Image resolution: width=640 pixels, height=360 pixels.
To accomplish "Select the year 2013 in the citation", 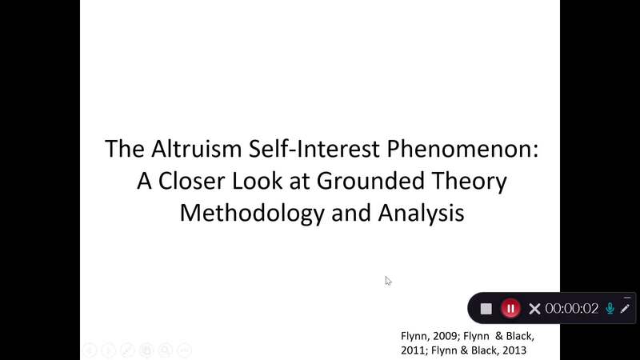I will pos(514,350).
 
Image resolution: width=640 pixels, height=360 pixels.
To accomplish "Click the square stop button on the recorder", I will pos(486,309).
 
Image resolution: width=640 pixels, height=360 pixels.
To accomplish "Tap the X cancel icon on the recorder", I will pos(534,309).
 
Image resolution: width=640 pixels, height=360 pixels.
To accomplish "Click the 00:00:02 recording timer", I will pos(572,309).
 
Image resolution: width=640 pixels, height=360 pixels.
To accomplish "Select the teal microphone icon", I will pos(610,309).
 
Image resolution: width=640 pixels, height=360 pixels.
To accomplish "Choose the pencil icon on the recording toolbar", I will pos(626,309).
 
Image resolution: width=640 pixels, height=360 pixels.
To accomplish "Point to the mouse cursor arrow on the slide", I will pos(387,279).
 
